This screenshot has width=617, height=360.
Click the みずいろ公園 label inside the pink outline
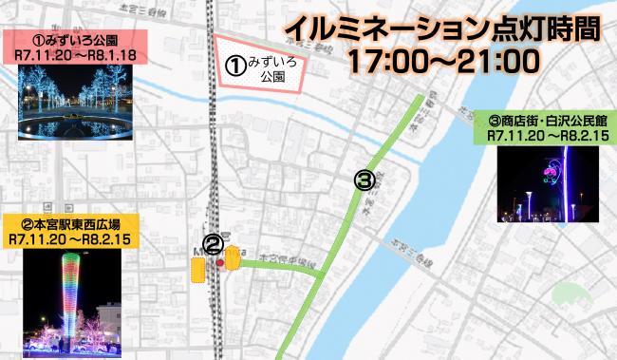tap(271, 67)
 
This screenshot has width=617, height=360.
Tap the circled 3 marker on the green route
tap(364, 178)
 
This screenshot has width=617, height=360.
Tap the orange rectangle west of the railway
tap(196, 272)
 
